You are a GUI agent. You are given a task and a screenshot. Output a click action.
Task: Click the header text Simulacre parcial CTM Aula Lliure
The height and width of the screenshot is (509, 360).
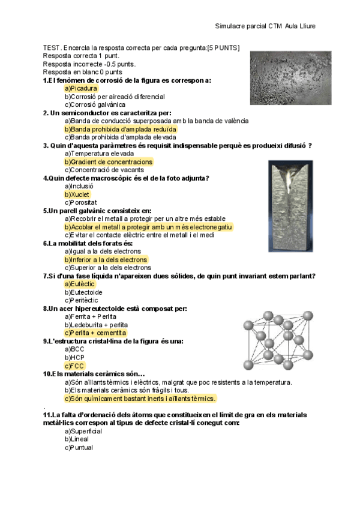coord(265,26)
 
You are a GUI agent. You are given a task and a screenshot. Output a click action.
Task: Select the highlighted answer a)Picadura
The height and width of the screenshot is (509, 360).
coord(81,88)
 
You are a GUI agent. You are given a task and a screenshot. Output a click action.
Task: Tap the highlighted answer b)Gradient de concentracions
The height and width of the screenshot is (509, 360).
coord(109,162)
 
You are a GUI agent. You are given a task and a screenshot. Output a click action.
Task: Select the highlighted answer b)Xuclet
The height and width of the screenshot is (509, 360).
coord(77,194)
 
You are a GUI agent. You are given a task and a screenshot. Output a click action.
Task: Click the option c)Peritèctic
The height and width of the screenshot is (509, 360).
coord(82,300)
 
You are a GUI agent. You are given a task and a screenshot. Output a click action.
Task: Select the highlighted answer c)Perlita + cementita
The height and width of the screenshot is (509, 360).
coord(95,333)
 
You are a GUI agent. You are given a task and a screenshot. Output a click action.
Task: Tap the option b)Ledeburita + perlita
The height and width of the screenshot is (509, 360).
coord(96,325)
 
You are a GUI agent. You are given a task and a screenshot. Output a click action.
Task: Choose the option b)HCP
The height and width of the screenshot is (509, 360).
coord(75,357)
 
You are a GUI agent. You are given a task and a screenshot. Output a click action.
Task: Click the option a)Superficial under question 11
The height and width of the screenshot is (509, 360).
coord(83,431)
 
